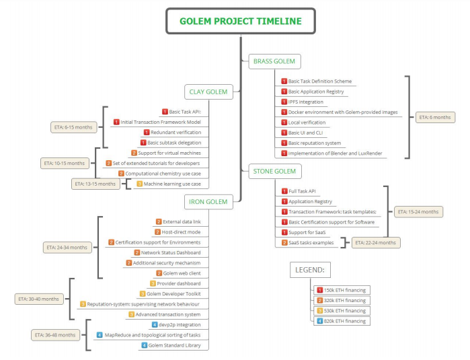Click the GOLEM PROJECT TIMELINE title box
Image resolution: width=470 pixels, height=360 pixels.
(241, 21)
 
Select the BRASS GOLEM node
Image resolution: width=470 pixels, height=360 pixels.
(274, 61)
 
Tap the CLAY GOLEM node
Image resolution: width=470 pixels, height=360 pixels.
(208, 92)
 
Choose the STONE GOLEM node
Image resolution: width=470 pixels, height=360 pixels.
(275, 172)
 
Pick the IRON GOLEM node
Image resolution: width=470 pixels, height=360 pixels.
(208, 202)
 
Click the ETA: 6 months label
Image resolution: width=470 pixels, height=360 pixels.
(435, 117)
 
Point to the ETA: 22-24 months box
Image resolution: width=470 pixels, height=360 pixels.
(376, 243)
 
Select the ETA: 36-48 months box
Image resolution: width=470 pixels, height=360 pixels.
(55, 335)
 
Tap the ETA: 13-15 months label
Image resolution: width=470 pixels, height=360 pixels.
(95, 184)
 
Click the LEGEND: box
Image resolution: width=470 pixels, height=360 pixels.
(310, 270)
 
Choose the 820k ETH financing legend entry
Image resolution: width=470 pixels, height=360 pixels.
(342, 321)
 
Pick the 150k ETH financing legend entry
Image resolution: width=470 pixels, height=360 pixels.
(342, 290)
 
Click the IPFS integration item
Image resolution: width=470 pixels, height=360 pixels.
(303, 102)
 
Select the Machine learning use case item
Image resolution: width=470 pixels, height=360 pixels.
(169, 184)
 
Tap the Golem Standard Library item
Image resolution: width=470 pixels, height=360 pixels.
(171, 345)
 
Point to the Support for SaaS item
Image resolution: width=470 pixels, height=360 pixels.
(304, 233)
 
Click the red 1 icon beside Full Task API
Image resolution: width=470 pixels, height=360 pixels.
(285, 191)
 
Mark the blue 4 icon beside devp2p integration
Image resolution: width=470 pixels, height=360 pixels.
(155, 324)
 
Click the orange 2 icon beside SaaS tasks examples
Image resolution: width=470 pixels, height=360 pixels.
(285, 243)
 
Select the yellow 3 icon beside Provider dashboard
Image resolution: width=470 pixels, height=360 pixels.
(153, 283)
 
